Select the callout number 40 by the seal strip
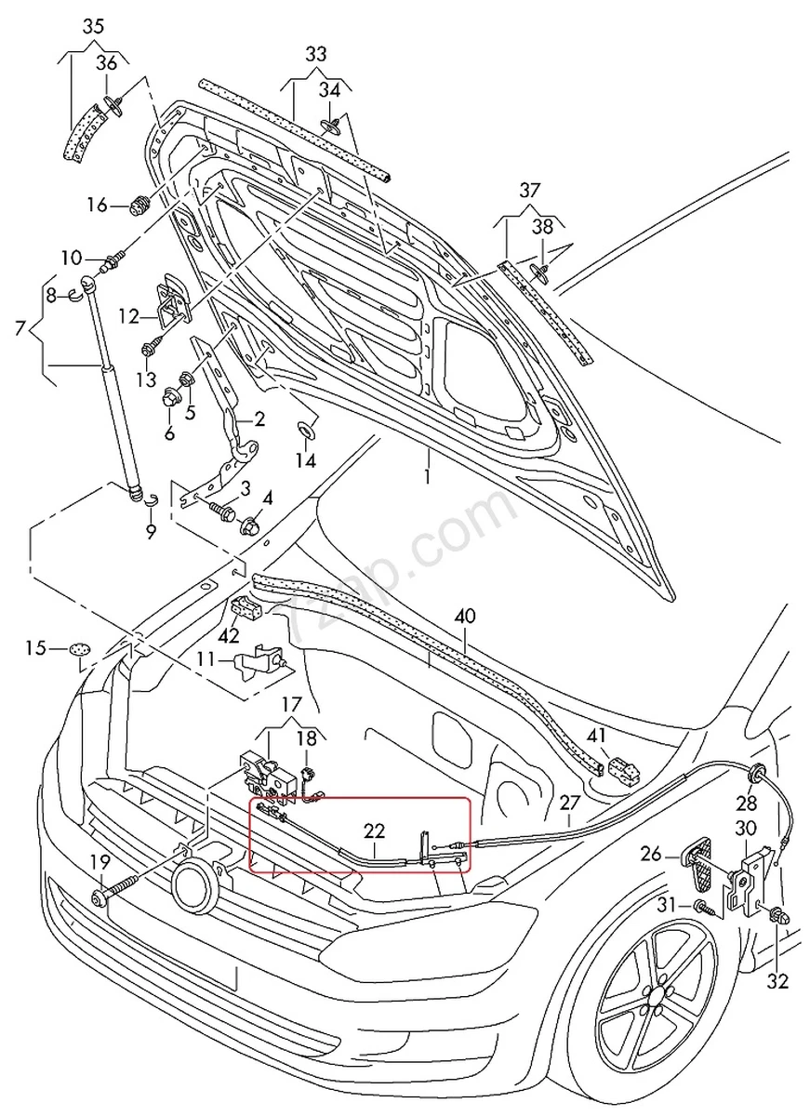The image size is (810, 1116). (x=465, y=616)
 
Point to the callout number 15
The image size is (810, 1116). (x=34, y=648)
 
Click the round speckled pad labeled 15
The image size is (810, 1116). (x=82, y=649)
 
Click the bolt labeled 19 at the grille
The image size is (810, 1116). (x=99, y=897)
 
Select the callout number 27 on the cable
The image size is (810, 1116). (x=569, y=802)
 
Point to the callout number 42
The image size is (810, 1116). (x=229, y=636)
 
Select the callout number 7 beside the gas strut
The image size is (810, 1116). (x=20, y=327)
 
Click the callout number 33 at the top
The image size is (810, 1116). (x=316, y=54)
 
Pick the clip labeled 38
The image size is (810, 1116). (x=539, y=271)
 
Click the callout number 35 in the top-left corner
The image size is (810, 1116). (x=93, y=26)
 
